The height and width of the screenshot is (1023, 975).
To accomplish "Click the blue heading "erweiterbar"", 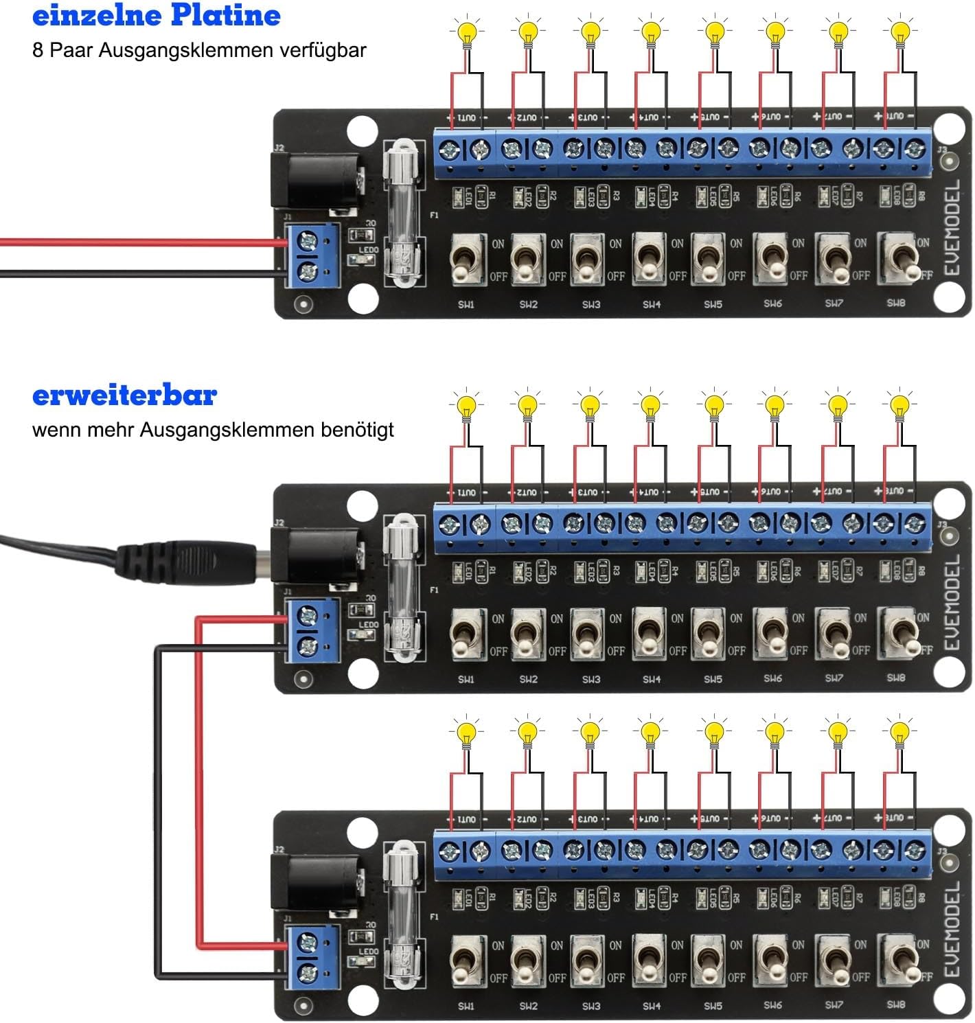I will click(124, 395).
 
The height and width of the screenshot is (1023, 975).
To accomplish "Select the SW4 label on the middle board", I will click(652, 679).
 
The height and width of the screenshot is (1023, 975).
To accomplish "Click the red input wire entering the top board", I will click(137, 242).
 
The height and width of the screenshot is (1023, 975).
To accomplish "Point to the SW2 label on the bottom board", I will click(528, 1006).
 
